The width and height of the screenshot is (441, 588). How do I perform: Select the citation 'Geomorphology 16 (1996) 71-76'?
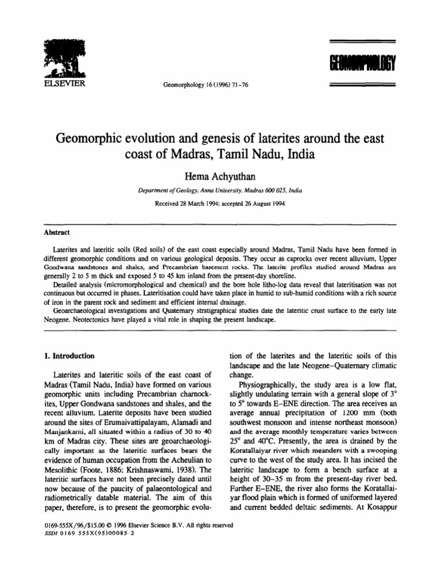coord(202,84)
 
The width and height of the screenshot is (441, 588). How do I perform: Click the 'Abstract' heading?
coord(56,234)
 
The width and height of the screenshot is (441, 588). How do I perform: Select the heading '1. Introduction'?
coord(69,356)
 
